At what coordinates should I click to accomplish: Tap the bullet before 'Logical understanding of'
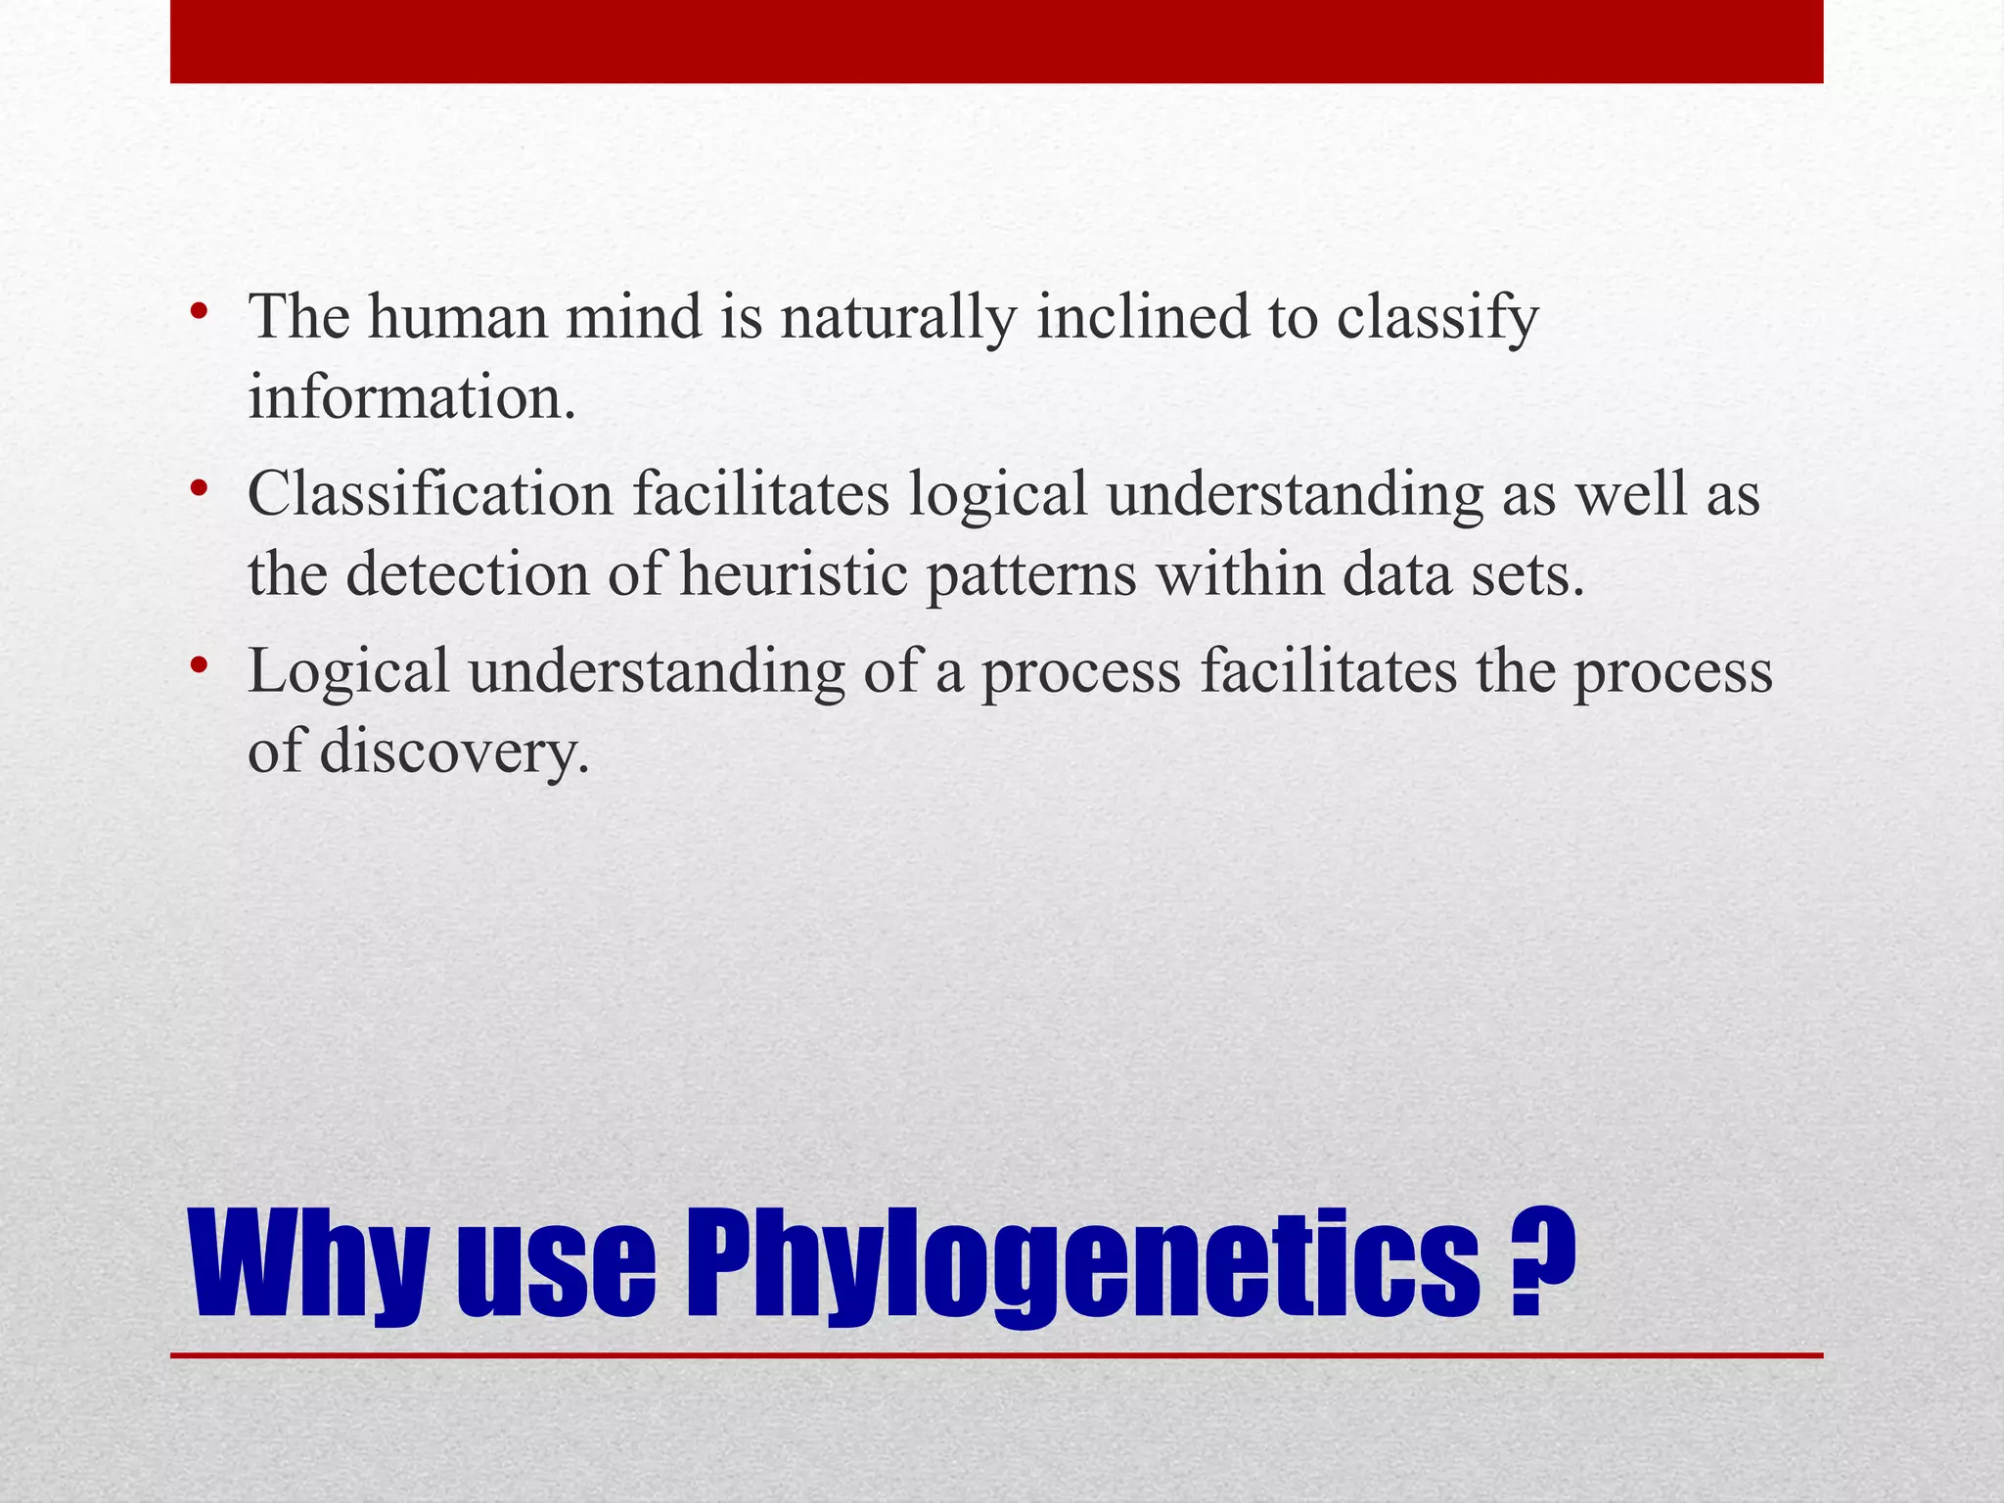click(x=200, y=666)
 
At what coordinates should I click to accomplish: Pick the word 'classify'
click(x=1437, y=319)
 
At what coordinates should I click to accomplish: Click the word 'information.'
click(x=412, y=398)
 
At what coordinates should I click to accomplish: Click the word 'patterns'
click(x=1031, y=576)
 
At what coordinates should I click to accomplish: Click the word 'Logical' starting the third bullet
click(x=347, y=673)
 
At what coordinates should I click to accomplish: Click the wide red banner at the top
click(x=996, y=41)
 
